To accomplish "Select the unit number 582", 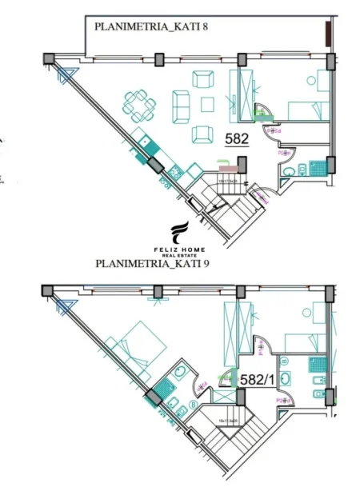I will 238,138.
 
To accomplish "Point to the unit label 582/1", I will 257,381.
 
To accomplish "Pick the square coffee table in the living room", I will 208,104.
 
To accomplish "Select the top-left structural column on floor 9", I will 48,289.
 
